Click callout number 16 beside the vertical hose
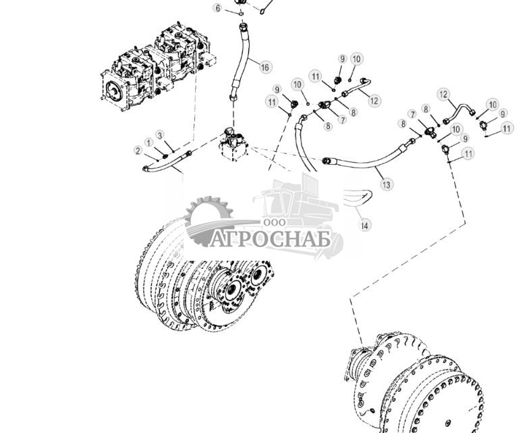(x=264, y=67)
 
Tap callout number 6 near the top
(x=218, y=8)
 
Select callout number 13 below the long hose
(x=385, y=184)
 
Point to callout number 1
(x=148, y=143)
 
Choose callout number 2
(x=138, y=151)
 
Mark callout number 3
(x=160, y=135)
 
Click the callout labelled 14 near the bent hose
(x=365, y=224)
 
